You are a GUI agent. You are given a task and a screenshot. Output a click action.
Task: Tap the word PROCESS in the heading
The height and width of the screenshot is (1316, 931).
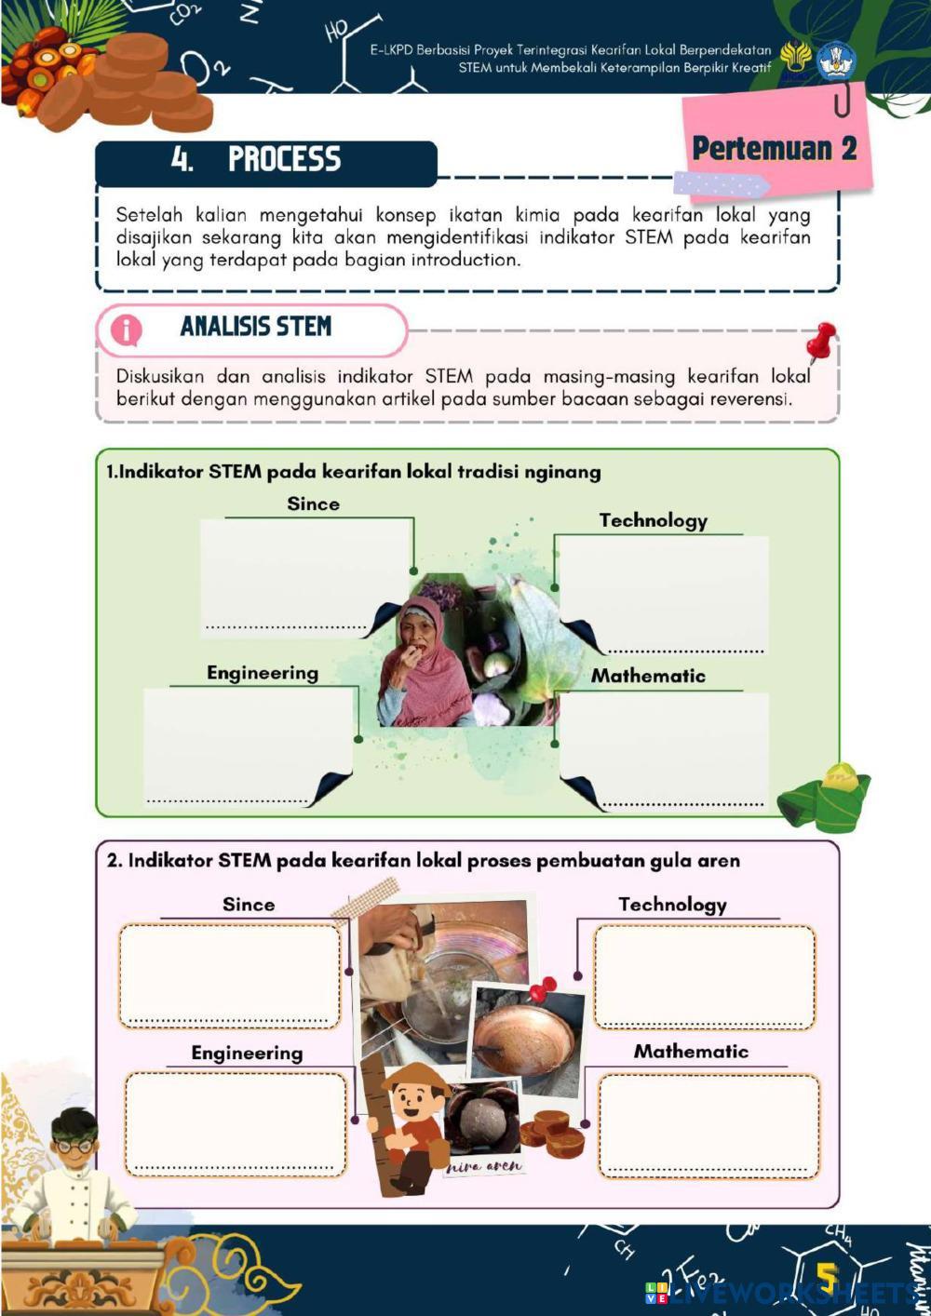284,159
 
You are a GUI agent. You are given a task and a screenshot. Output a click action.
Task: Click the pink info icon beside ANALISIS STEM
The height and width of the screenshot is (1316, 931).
126,329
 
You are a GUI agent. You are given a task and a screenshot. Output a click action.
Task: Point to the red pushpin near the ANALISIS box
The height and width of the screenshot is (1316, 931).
821,341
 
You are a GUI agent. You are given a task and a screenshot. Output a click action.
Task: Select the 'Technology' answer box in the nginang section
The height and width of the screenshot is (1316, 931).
662,592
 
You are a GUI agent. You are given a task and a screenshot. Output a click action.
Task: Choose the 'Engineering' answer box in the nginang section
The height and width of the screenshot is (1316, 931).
248,744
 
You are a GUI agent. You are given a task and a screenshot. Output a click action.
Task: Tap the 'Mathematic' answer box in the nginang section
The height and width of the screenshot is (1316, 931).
664,748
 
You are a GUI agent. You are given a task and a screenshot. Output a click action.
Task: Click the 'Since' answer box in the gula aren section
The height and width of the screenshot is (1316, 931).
230,974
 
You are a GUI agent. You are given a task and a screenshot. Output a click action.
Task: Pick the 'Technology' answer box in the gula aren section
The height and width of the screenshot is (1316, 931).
705,975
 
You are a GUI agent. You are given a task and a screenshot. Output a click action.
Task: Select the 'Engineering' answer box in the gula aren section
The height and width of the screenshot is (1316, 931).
236,1122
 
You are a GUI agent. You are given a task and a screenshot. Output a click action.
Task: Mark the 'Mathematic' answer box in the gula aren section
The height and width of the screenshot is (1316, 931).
708,1124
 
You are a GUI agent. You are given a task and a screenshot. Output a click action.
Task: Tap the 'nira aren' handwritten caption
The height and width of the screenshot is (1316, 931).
484,1165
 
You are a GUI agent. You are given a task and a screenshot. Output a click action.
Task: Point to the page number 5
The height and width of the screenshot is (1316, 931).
826,1276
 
